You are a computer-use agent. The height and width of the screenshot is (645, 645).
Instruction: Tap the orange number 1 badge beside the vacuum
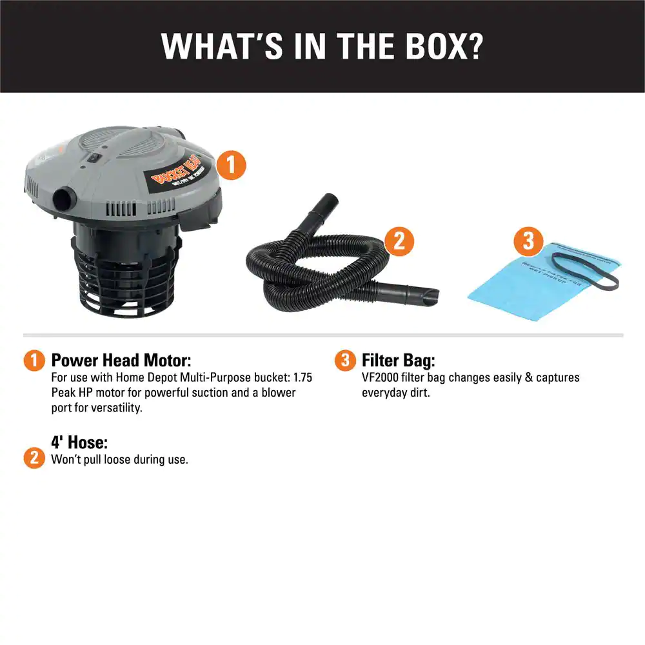[x=231, y=165]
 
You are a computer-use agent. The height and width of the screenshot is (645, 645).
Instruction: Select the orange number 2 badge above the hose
[x=399, y=241]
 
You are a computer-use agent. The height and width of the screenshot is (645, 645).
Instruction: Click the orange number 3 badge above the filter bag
[x=528, y=241]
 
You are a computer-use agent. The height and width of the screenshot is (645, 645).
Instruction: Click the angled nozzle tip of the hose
[x=426, y=295]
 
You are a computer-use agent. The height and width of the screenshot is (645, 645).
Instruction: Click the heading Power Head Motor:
[x=121, y=360]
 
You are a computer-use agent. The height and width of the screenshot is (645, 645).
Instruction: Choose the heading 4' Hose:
[x=79, y=442]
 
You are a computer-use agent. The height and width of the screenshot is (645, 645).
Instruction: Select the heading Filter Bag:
[x=398, y=360]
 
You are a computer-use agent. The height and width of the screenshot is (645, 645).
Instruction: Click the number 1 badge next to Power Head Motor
[x=34, y=361]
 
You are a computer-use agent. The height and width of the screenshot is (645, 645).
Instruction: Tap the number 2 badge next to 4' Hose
[x=34, y=458]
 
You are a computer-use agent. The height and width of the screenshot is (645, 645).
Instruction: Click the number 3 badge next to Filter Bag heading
[x=345, y=361]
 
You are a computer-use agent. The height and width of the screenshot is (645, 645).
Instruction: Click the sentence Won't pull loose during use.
[x=119, y=460]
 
